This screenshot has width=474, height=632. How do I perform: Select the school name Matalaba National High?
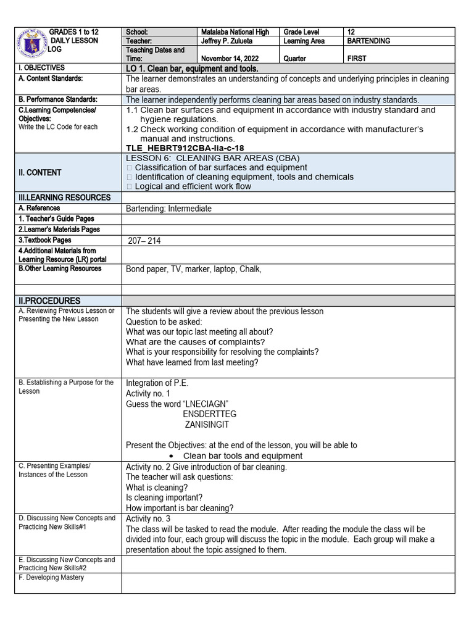(235, 31)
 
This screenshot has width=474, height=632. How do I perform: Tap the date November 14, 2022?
(230, 59)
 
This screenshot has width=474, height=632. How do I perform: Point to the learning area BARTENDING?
(369, 41)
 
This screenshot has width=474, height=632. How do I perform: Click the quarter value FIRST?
(357, 59)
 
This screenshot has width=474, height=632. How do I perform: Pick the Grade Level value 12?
(351, 31)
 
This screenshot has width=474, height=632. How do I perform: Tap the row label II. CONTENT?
(39, 172)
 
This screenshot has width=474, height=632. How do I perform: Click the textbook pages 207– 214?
(144, 241)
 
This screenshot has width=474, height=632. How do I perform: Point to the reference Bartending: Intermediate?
(168, 209)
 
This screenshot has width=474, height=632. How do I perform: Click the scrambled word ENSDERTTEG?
(209, 414)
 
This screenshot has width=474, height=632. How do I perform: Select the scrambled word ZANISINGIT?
(207, 425)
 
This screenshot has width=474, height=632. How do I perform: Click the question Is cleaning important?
(164, 497)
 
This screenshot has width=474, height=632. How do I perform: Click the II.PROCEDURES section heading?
(49, 300)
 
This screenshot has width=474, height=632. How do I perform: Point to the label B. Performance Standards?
(58, 99)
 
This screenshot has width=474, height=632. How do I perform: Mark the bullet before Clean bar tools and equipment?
(170, 456)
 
